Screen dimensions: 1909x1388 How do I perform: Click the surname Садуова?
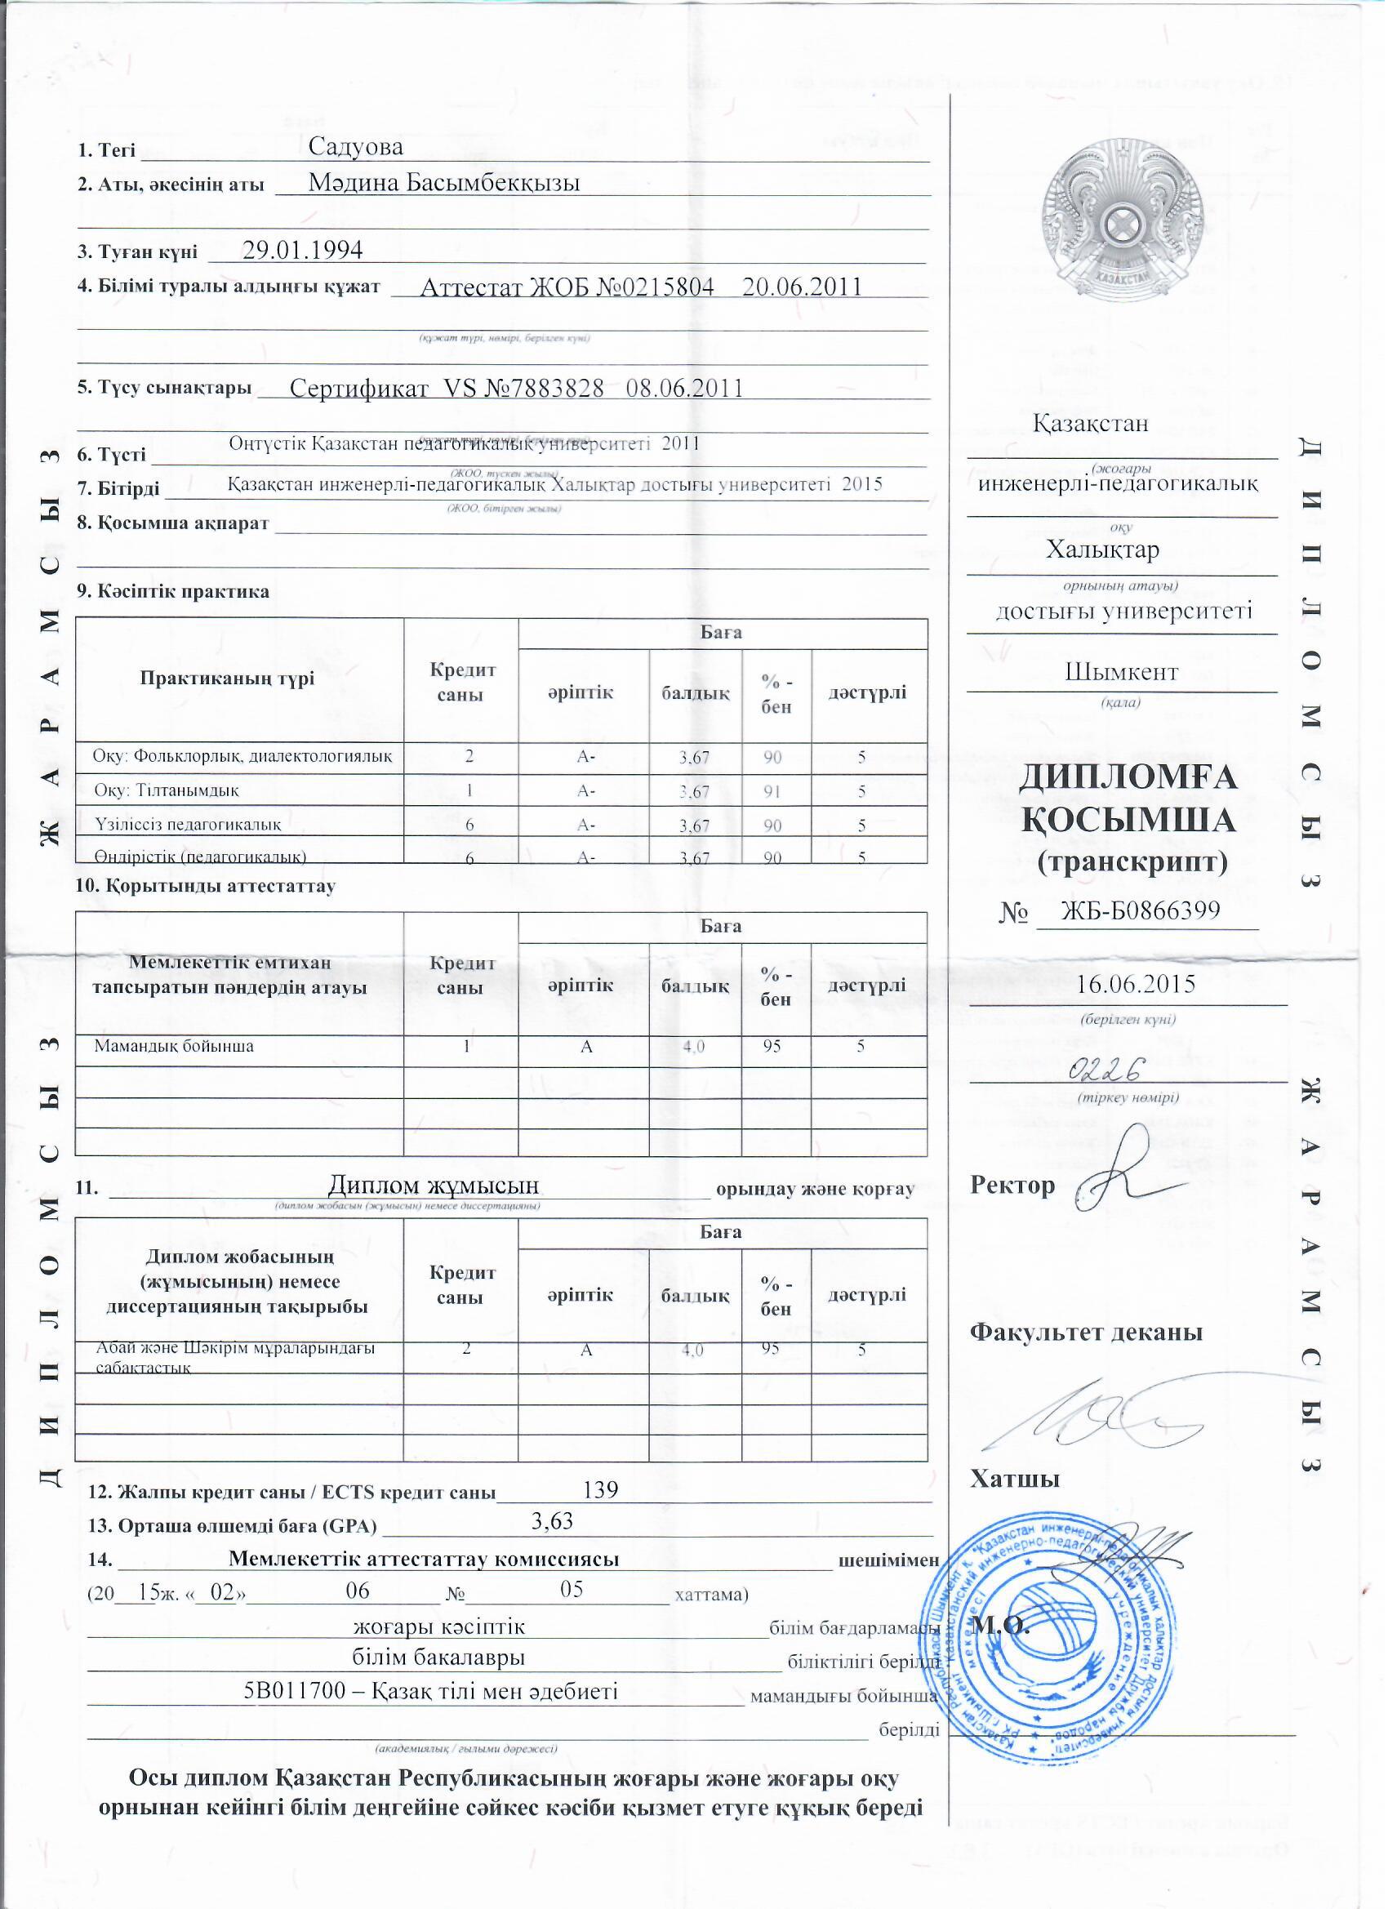point(355,146)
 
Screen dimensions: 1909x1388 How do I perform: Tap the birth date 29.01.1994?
point(302,250)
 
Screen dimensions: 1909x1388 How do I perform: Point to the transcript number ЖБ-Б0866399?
point(1140,910)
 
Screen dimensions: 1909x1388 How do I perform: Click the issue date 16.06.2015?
point(1136,984)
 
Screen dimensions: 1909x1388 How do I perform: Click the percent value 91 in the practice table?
point(772,791)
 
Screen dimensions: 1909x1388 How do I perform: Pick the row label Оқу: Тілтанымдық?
point(167,790)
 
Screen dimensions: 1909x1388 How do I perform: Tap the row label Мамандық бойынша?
point(173,1046)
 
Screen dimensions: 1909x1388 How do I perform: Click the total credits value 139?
point(601,1489)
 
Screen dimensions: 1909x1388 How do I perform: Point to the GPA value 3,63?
point(552,1521)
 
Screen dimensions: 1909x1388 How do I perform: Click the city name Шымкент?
point(1121,673)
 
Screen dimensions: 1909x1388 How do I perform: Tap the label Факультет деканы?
point(1086,1333)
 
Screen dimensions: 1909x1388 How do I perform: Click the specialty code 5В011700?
point(291,1691)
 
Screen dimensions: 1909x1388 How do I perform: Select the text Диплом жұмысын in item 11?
point(433,1185)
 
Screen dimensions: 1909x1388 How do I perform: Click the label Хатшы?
point(1014,1479)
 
